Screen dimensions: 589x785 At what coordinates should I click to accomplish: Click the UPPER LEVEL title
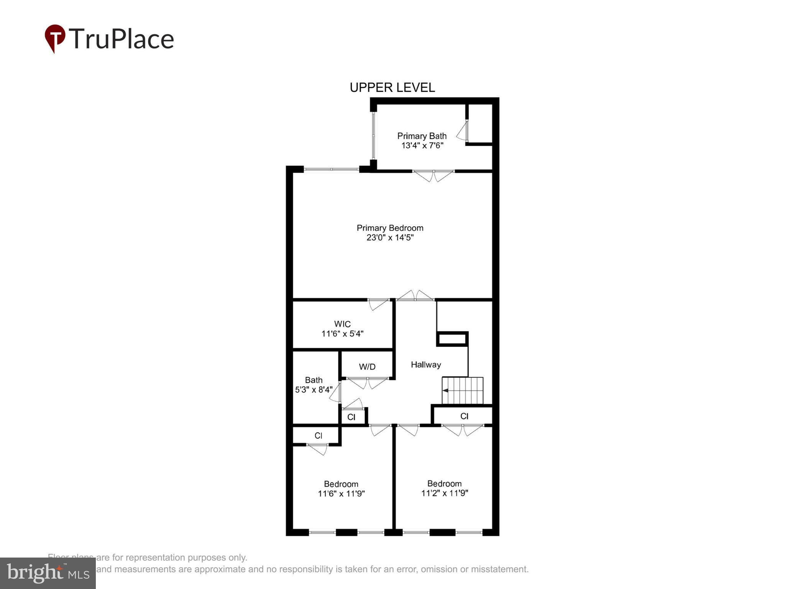[392, 88]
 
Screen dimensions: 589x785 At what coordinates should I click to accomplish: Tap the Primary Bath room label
[422, 136]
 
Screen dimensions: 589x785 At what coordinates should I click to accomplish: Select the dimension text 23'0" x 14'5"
[390, 238]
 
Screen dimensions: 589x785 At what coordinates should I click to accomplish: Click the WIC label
[342, 324]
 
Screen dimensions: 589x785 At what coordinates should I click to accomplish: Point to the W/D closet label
[367, 367]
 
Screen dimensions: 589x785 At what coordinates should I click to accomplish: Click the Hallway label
[426, 365]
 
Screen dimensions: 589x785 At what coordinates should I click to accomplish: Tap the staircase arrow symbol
[446, 390]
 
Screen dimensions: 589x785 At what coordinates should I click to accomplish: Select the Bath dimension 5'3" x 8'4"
[314, 390]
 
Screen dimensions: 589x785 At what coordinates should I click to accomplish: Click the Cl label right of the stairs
[464, 416]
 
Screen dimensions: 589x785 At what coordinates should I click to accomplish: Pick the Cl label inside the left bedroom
[318, 436]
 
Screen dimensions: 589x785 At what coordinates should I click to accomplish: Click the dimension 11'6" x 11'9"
[341, 494]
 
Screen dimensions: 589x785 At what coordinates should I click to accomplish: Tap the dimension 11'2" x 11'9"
[444, 493]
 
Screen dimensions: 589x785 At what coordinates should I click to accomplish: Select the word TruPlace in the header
[121, 39]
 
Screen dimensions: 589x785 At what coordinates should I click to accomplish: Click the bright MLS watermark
[48, 573]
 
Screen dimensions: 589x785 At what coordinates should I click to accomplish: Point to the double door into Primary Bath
[434, 175]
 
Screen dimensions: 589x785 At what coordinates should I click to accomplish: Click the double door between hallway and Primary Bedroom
[415, 296]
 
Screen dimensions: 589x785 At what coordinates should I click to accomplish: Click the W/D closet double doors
[368, 382]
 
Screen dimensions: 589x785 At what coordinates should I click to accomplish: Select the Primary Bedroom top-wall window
[332, 169]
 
